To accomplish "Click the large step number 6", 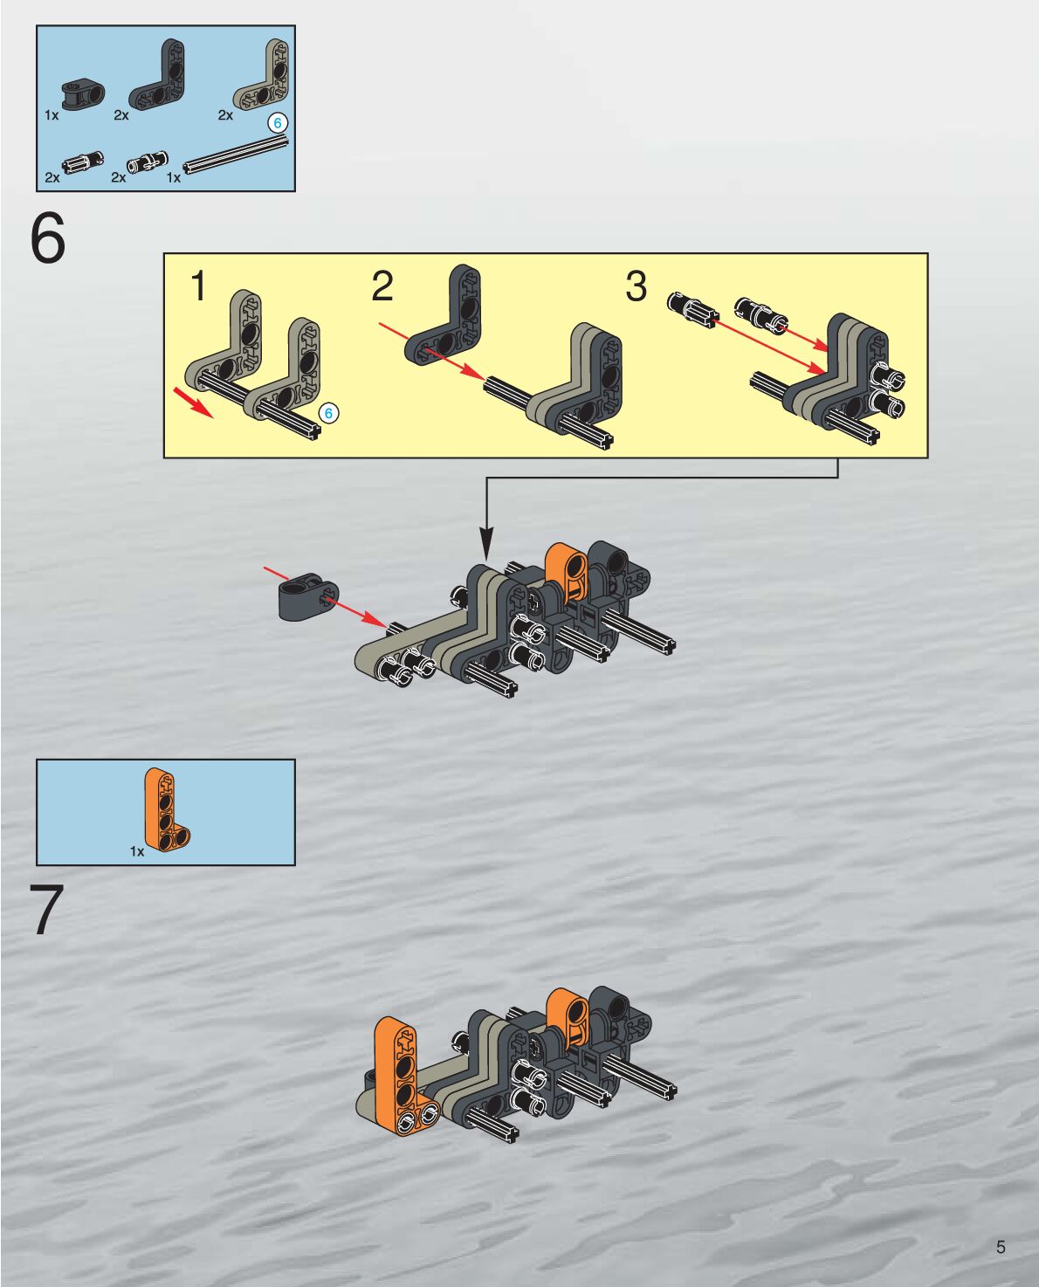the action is click(x=47, y=238).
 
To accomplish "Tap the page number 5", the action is click(x=1001, y=1247).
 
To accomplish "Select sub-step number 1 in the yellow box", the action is click(x=199, y=286).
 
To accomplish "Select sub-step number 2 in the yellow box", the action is click(x=382, y=286).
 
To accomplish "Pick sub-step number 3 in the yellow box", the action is click(x=636, y=286).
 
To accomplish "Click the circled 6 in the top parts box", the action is click(x=278, y=123).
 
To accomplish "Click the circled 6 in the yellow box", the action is click(x=328, y=413).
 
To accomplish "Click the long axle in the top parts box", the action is click(x=236, y=157).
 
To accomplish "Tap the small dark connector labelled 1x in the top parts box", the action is click(x=83, y=94).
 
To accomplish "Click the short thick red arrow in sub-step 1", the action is click(x=193, y=403).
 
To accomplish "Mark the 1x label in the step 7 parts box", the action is click(x=137, y=851).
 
